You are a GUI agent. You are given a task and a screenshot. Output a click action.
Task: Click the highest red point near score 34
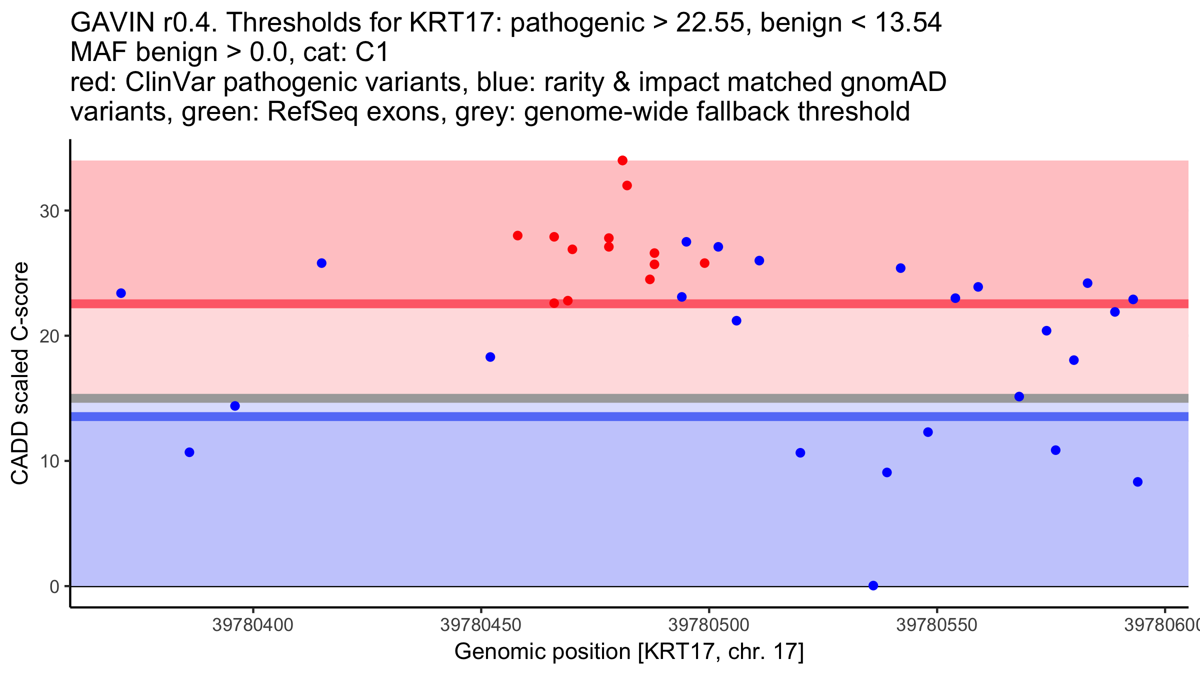tap(622, 160)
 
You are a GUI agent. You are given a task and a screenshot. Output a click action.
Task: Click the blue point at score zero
tap(873, 585)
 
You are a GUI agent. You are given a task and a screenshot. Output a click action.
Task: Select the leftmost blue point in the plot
tap(121, 293)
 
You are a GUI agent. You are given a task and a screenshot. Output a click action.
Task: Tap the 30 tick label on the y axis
tap(49, 211)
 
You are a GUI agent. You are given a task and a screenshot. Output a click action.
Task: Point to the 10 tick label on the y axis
tap(49, 461)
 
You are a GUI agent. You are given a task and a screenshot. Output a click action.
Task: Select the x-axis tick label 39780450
tap(480, 625)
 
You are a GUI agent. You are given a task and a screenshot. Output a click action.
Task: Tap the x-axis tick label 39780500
tap(708, 625)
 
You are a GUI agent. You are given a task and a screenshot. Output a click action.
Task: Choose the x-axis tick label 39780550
tap(936, 625)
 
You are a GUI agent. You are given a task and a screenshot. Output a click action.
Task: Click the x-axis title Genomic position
tap(628, 652)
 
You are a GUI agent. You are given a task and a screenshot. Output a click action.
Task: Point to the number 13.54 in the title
tap(908, 23)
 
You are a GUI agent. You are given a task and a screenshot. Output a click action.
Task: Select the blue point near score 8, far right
tap(1137, 482)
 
